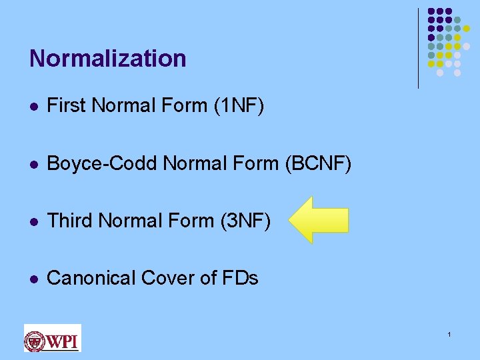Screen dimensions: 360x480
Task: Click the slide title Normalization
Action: pos(107,59)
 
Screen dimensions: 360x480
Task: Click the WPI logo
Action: pos(52,338)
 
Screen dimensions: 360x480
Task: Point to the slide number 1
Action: pos(450,333)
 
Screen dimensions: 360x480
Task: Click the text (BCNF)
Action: pos(317,163)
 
